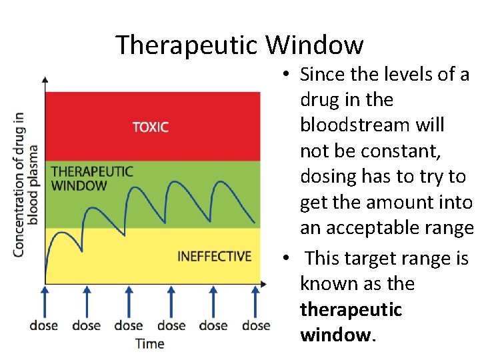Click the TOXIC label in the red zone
(151, 127)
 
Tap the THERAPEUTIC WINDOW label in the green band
(92, 179)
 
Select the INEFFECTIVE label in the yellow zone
(214, 256)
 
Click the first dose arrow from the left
(45, 301)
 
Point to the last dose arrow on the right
(255, 301)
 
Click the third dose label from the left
(128, 325)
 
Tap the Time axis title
(149, 343)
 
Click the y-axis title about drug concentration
(26, 183)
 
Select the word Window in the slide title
(315, 45)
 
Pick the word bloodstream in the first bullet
(373, 125)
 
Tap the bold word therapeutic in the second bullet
(351, 309)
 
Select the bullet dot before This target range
(285, 259)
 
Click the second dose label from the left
(86, 325)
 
